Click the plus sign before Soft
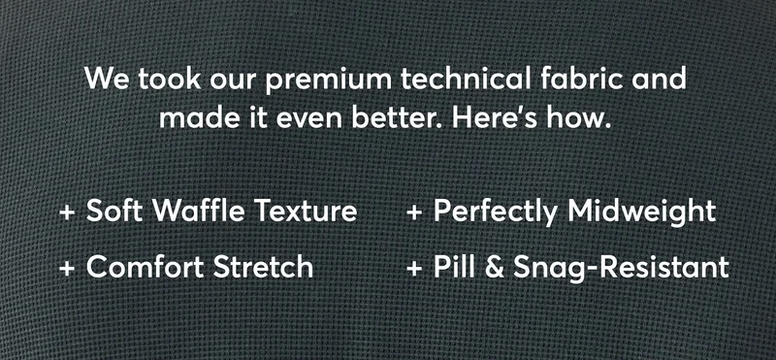point(67,212)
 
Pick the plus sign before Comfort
point(67,266)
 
